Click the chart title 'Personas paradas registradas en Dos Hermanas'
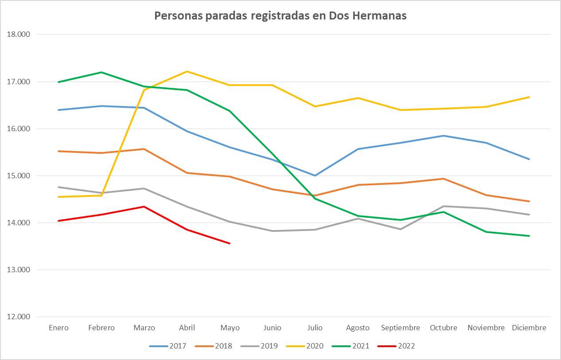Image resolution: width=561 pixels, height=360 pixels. point(280,16)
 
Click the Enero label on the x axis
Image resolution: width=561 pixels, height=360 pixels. point(58,328)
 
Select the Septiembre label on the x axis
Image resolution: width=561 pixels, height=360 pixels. point(401,328)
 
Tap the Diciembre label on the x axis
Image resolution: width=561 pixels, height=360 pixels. point(529,328)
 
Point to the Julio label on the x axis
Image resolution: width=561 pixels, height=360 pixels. point(315,328)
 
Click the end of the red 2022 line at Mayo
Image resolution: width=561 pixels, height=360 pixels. point(230,243)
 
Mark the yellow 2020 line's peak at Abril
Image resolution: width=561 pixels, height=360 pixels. point(187,71)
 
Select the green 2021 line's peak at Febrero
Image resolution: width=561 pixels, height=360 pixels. point(101,72)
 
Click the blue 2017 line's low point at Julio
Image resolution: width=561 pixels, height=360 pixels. point(315,176)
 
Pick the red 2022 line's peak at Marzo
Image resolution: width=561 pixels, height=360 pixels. point(144,207)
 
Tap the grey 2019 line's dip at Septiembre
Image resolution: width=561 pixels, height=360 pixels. point(401,229)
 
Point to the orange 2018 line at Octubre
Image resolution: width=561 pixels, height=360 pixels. point(443,179)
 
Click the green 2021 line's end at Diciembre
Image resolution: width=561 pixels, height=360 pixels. point(529,236)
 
